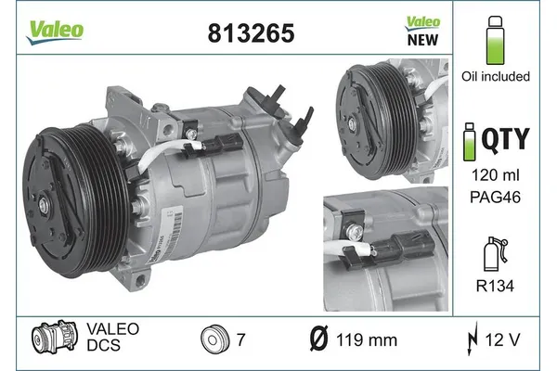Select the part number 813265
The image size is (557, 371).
245,33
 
